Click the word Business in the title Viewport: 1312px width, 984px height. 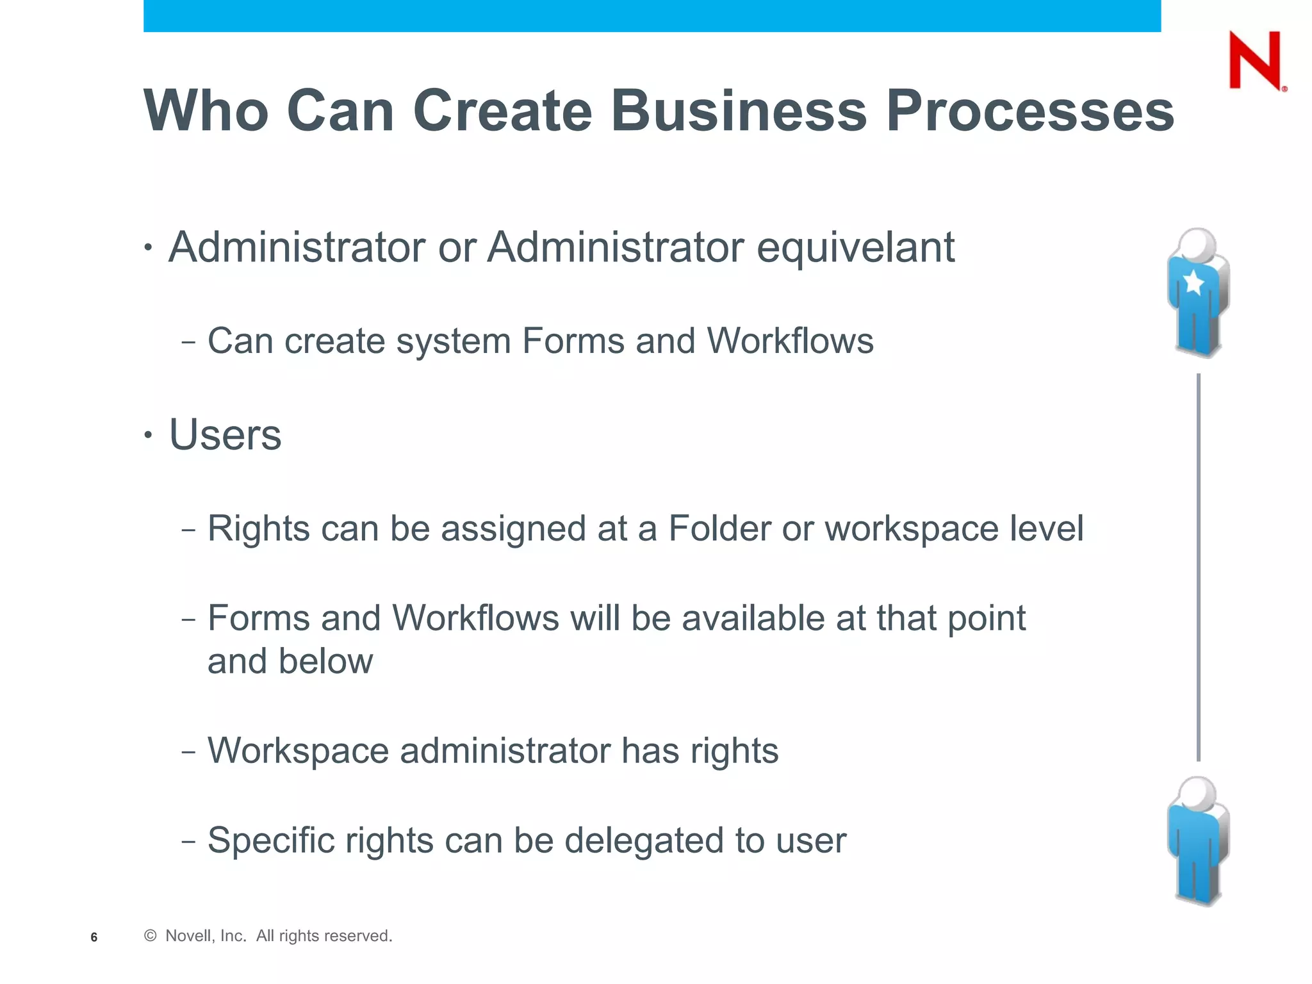(x=739, y=111)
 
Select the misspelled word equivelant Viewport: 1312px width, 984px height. (x=856, y=247)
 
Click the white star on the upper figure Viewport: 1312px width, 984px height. (x=1194, y=282)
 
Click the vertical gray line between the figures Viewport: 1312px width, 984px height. (x=1198, y=567)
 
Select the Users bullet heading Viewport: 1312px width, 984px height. (x=225, y=435)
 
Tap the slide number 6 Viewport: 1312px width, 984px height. (x=94, y=937)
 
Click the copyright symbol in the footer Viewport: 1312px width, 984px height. (x=151, y=936)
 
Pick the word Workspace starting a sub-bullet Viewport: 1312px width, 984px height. (x=298, y=751)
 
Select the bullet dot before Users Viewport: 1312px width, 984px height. (x=148, y=436)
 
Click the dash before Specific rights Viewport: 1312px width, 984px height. (x=188, y=841)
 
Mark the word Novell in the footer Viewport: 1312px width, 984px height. (x=187, y=936)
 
